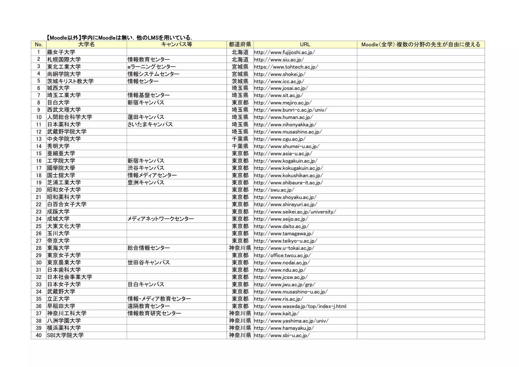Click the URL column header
point(305,45)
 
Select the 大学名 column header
point(86,45)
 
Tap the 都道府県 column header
point(240,45)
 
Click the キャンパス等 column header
point(177,45)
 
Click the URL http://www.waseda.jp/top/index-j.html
point(300,306)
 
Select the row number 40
point(39,335)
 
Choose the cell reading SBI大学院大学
point(65,335)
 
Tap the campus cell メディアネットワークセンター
point(161,219)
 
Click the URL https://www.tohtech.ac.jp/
point(286,67)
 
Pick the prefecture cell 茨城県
point(240,81)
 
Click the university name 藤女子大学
point(61,52)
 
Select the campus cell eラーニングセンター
point(152,67)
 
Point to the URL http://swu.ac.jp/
point(274,190)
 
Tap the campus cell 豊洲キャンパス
point(146,183)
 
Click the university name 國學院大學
point(61,168)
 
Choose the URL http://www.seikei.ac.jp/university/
point(295,212)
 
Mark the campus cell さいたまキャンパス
point(150,125)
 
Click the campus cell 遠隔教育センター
point(149,306)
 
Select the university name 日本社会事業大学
point(69,277)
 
